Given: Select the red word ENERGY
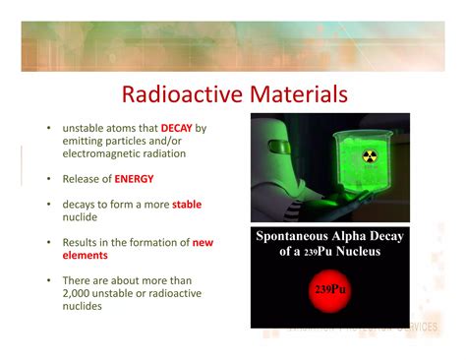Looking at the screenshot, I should tap(134, 180).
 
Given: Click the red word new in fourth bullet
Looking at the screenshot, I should tap(203, 242).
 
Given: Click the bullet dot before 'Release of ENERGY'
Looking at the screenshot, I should tap(47, 180).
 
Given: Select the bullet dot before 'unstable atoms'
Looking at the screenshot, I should tap(47, 129).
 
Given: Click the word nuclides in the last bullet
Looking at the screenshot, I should tap(84, 307).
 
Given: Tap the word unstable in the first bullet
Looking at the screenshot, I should tap(85, 129).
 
